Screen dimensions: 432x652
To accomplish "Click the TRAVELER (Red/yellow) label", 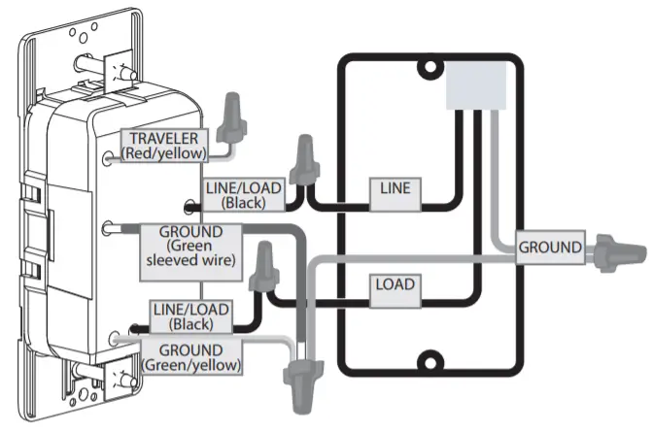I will (165, 144).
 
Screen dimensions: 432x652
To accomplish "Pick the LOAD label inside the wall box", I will (395, 285).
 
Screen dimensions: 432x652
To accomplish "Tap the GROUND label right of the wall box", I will (550, 247).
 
